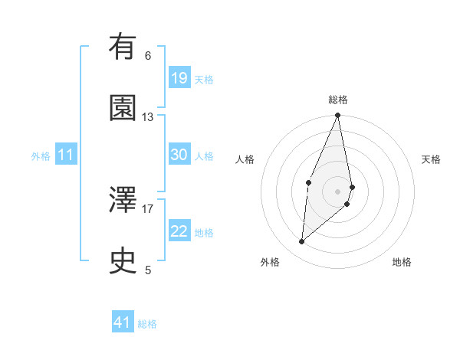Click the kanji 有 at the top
(123, 48)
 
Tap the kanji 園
(123, 108)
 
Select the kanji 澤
(123, 200)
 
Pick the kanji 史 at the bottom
(123, 260)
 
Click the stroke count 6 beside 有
(148, 56)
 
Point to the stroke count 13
(148, 117)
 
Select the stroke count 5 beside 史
(148, 270)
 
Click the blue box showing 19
(179, 78)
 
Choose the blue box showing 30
(179, 155)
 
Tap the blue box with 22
(179, 231)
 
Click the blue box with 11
(66, 155)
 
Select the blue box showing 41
(123, 322)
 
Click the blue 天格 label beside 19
(204, 80)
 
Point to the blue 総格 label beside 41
(147, 324)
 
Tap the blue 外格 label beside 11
(41, 156)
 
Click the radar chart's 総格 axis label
(338, 100)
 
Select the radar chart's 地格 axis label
(402, 262)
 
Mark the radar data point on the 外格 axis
(302, 242)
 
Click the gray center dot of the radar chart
(338, 191)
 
